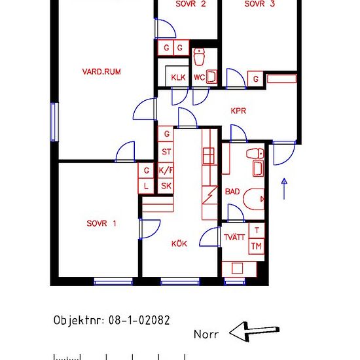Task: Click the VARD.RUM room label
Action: [101, 71]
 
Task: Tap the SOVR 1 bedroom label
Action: [101, 223]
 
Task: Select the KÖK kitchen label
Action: [179, 243]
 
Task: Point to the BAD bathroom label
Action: [232, 192]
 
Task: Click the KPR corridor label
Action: [238, 111]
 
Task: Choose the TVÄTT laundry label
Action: [234, 237]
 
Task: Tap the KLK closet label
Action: [178, 77]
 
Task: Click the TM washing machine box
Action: [257, 246]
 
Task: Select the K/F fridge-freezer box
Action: [166, 170]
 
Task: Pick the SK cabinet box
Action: [166, 186]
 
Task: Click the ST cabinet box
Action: [166, 152]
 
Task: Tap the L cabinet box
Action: [146, 186]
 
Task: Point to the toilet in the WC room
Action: [199, 57]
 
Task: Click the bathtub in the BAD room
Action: [254, 199]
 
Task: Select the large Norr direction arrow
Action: [255, 332]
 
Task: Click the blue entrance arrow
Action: [284, 189]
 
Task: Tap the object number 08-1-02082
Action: [139, 320]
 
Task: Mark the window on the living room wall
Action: [54, 122]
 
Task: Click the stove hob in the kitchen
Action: [209, 156]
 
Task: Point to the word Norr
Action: [206, 334]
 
